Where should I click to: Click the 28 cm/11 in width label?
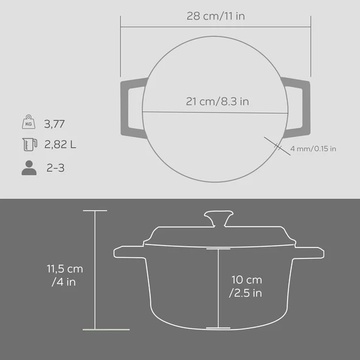tap(215, 16)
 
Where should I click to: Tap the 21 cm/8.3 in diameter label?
tap(217, 102)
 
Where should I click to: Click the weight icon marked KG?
tap(28, 123)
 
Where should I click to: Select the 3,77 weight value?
tap(55, 124)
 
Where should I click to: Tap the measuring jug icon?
tap(28, 145)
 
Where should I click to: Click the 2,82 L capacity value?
tap(60, 145)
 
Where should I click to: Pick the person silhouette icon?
tap(29, 168)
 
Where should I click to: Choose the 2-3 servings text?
tap(55, 168)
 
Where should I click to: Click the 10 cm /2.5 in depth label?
tap(246, 286)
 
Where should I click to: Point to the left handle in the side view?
tap(126, 251)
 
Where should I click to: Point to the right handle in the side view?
tap(309, 251)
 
